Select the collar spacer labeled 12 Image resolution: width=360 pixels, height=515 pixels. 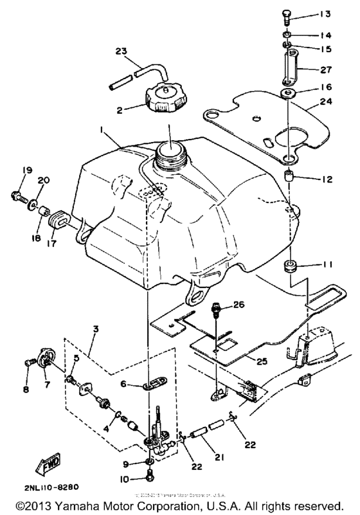click(x=289, y=177)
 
